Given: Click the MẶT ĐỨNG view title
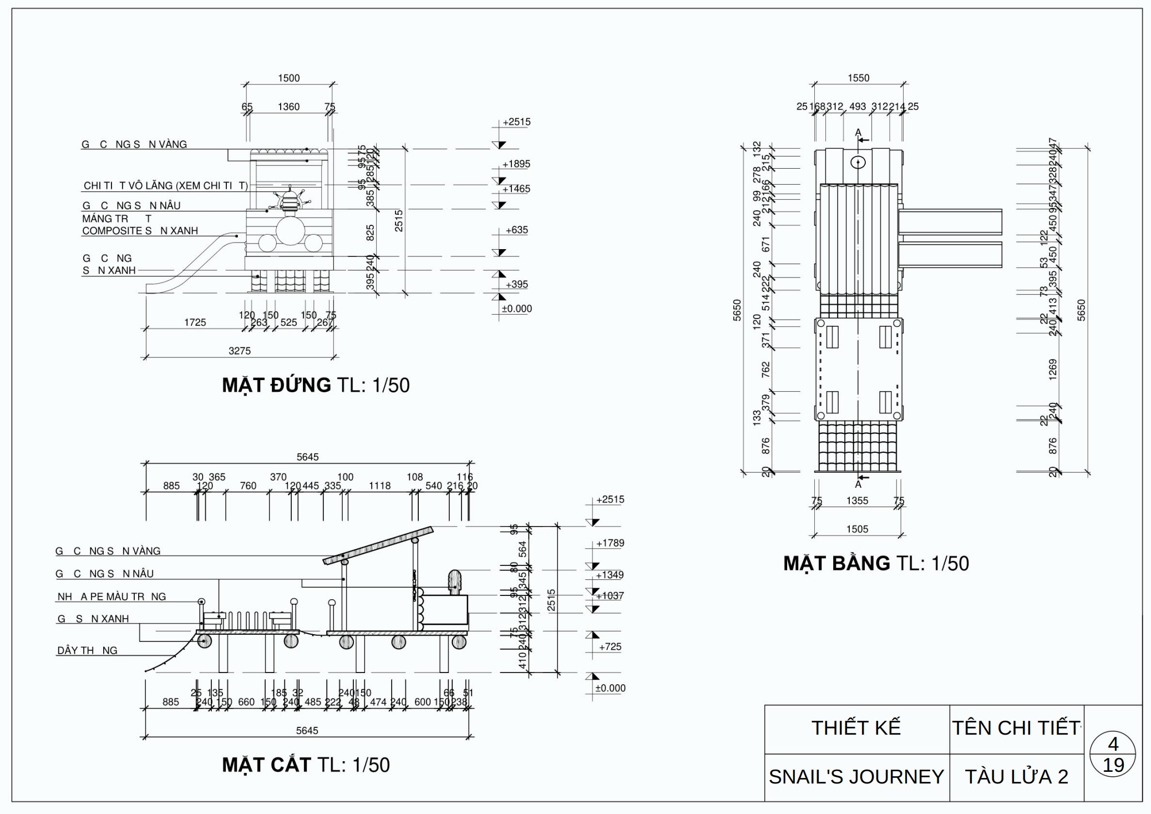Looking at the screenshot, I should click(x=315, y=385).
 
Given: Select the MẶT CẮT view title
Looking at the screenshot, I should click(x=306, y=765).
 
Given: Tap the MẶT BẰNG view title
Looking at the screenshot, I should click(x=875, y=563).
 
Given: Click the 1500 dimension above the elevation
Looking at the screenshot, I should click(x=288, y=78).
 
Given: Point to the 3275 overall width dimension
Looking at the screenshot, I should click(x=240, y=351).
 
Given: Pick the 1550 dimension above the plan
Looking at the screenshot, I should click(x=858, y=78).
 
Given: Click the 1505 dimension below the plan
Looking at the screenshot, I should click(x=857, y=529).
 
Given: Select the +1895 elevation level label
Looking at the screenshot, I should click(x=516, y=164).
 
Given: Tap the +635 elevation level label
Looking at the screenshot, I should click(x=516, y=230).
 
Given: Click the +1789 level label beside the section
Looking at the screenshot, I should click(x=610, y=543).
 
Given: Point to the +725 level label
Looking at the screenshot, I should click(x=610, y=646).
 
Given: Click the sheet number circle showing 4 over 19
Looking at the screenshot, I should click(x=1112, y=754).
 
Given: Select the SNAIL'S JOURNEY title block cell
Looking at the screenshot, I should click(x=856, y=777).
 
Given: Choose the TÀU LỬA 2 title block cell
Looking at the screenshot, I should click(x=1016, y=777).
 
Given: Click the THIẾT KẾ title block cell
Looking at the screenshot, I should click(x=856, y=728).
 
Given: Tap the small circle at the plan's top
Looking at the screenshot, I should click(x=858, y=162).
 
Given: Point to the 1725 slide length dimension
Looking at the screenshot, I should click(x=195, y=322).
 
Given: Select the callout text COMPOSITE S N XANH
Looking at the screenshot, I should click(x=140, y=231).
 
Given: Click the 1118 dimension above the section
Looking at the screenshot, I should click(x=379, y=486).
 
